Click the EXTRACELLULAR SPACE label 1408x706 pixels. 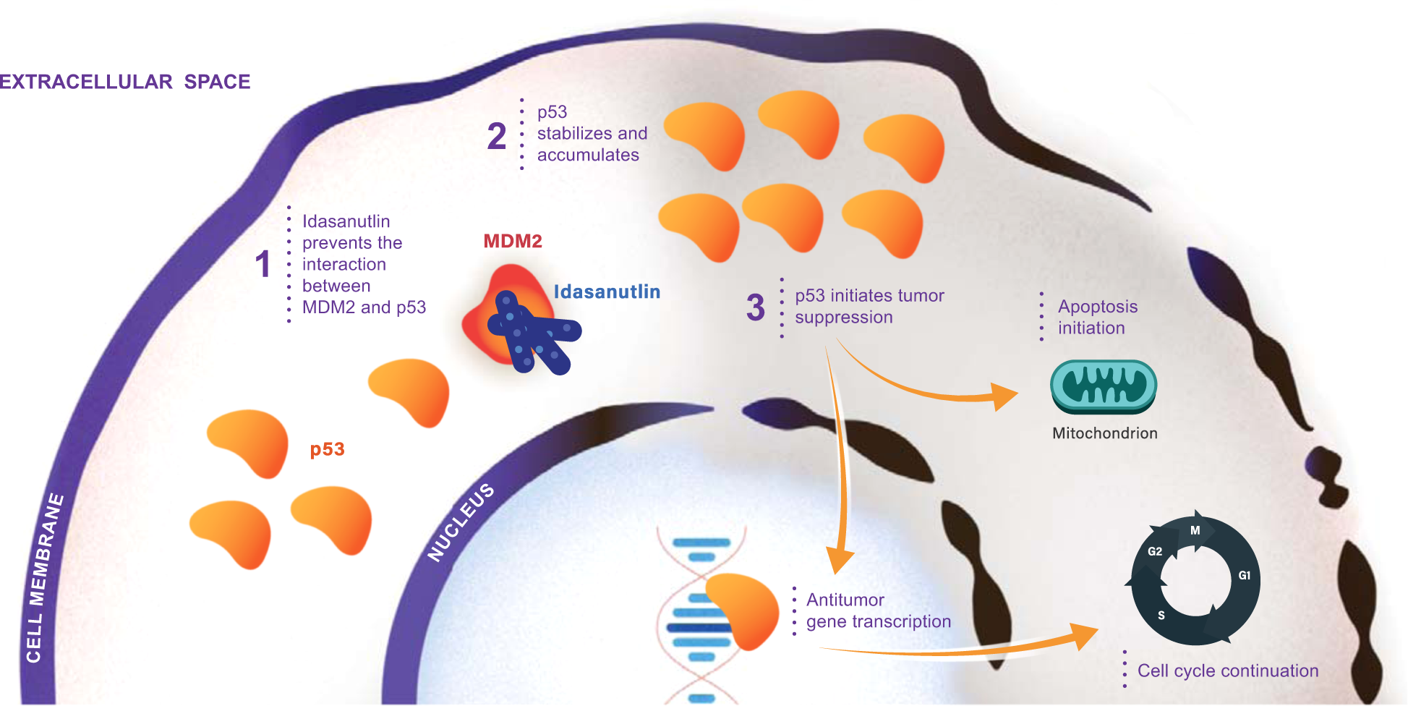125,82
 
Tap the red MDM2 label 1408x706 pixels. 513,242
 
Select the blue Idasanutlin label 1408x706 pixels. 607,292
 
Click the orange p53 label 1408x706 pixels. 327,450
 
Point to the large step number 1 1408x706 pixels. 263,265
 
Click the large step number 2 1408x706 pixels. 497,136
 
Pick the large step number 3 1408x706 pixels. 756,307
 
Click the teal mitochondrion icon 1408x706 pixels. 1104,386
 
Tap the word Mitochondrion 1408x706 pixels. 1105,433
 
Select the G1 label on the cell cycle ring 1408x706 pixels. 1245,576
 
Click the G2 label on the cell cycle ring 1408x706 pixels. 1155,551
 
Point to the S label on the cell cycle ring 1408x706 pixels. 1161,616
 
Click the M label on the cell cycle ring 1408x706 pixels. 1195,530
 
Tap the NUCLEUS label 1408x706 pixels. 461,522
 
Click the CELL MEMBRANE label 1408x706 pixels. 44,578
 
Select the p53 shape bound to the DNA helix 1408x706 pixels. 742,611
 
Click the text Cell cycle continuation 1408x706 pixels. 1228,671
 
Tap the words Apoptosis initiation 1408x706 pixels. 1098,318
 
